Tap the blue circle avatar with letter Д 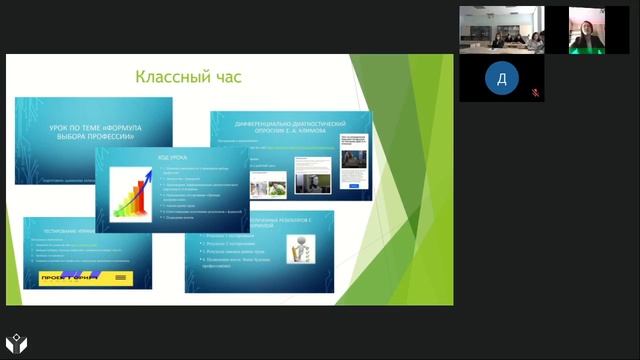click(x=501, y=78)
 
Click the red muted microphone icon click(x=535, y=92)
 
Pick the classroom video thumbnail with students click(x=501, y=30)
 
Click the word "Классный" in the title click(x=170, y=76)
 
